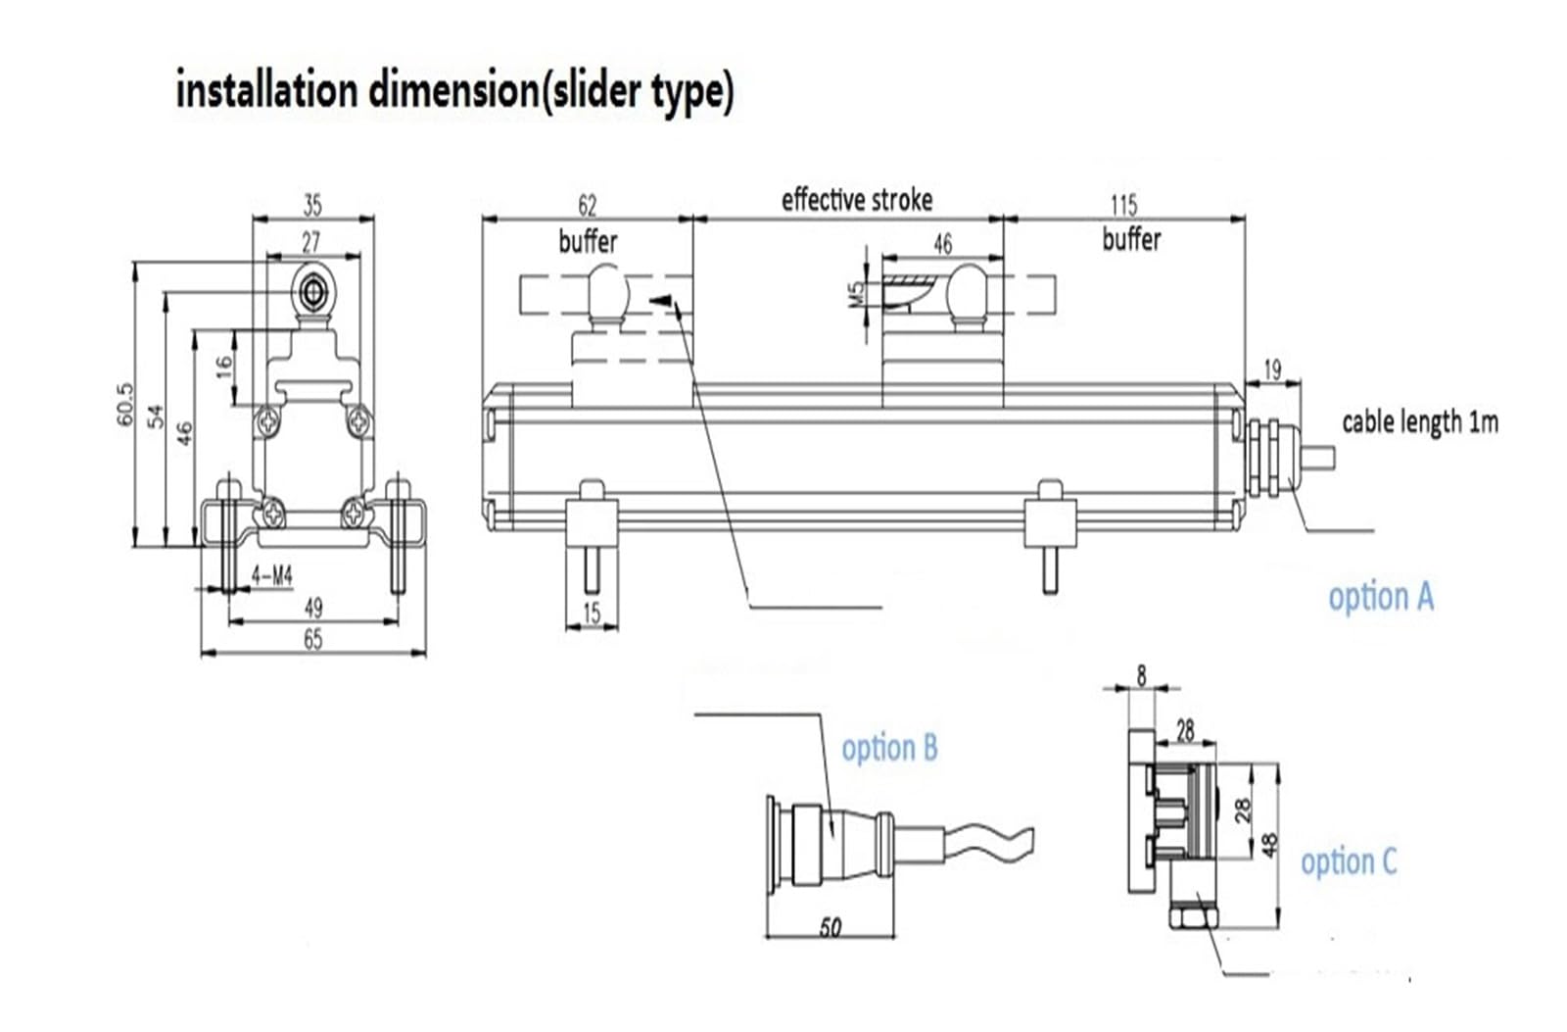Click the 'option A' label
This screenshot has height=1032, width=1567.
point(1380,597)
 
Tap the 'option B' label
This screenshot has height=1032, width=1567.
point(889,748)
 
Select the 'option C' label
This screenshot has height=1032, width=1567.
point(1348,861)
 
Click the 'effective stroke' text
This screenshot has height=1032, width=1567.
point(857,200)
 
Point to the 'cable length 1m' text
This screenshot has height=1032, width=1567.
point(1420,422)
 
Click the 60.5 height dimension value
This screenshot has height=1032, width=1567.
point(124,404)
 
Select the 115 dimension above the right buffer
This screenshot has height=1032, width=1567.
point(1123,205)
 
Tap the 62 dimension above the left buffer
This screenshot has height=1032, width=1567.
point(587,205)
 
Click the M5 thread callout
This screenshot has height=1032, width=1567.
point(856,294)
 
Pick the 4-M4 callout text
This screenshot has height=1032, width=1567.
point(272,576)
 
